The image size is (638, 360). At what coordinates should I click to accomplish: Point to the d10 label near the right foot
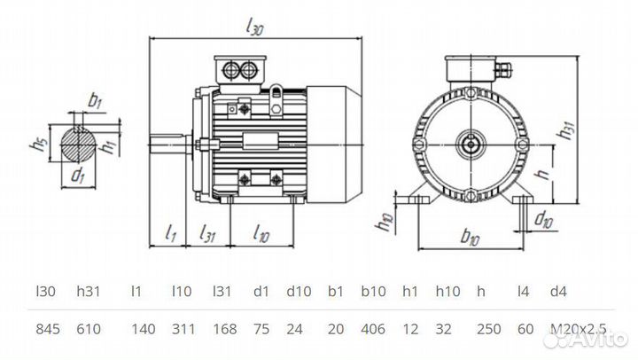[x=545, y=220]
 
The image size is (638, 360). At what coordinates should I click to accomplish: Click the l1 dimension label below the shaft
[x=171, y=234]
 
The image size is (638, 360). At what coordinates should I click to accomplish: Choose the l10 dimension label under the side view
[x=261, y=234]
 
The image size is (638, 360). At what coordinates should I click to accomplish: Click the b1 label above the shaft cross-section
[x=94, y=100]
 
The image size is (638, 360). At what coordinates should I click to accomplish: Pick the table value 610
[x=89, y=329]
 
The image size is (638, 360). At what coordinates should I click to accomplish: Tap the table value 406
[x=373, y=329]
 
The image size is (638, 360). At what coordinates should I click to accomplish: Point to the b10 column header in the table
[x=372, y=291]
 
